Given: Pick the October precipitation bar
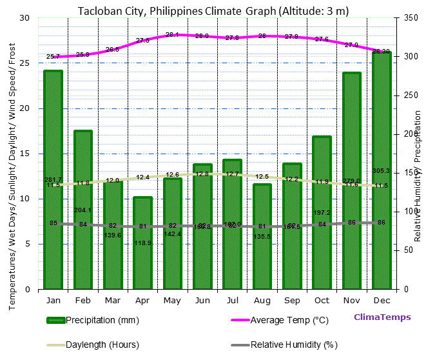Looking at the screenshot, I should [x=322, y=212].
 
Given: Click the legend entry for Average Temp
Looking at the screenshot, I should [x=289, y=320].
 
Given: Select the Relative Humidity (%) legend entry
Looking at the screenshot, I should [x=294, y=345].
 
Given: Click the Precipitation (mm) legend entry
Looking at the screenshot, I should [x=102, y=320].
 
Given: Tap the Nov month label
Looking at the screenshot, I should [x=351, y=301].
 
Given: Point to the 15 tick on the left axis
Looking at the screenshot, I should [x=25, y=154].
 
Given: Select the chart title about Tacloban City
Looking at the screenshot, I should [x=213, y=10].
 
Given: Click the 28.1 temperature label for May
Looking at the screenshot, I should [x=172, y=35].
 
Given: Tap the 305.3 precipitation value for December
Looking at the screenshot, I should [x=381, y=171].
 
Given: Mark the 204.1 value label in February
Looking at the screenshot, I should [x=83, y=210].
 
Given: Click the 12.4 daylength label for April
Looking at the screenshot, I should [x=142, y=177].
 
